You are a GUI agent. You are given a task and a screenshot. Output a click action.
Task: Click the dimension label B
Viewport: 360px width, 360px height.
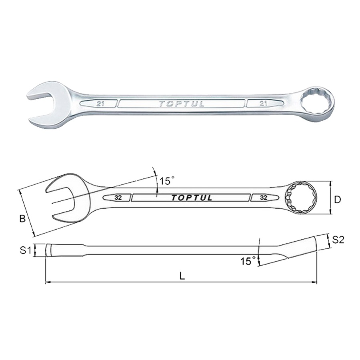23,219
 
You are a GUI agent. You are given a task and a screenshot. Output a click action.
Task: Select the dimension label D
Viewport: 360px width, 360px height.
338,199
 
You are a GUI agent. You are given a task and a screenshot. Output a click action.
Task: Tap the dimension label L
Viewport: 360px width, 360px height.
182,276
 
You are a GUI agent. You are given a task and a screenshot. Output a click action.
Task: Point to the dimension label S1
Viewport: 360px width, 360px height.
26,251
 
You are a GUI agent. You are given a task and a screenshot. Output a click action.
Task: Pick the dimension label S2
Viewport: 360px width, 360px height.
338,240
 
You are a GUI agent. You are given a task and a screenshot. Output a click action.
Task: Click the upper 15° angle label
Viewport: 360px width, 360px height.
167,181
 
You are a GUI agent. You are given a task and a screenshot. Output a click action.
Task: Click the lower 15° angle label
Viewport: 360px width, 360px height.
248,261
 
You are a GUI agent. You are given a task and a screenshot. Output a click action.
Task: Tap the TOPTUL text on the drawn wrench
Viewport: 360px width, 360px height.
192,198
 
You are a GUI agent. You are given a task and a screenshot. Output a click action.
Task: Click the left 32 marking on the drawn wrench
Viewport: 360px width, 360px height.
118,198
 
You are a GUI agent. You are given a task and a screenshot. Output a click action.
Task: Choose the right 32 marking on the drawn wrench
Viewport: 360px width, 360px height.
264,198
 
